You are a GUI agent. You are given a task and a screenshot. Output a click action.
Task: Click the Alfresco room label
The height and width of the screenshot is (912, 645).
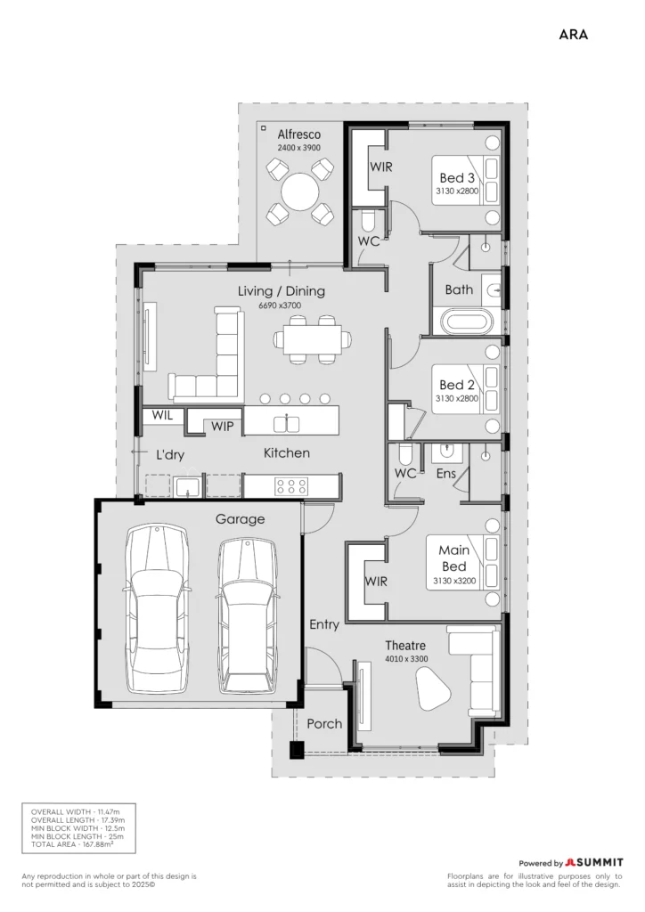tap(299, 134)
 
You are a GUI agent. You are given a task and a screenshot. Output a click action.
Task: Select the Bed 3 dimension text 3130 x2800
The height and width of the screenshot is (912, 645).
tap(457, 191)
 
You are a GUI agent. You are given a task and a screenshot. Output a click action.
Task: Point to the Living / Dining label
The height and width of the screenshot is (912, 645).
tap(282, 291)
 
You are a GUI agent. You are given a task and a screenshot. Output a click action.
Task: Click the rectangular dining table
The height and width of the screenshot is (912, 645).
tap(313, 339)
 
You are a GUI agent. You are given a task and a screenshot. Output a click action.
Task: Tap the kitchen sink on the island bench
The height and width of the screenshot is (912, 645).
tap(286, 424)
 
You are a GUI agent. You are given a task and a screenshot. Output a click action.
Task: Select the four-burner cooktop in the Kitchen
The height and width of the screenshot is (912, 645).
tap(292, 486)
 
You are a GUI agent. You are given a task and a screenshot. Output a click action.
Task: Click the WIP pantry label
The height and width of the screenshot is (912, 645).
tap(222, 427)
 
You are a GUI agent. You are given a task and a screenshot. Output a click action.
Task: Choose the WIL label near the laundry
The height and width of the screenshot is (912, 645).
tap(162, 415)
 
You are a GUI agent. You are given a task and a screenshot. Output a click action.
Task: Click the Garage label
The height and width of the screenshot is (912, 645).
tap(241, 519)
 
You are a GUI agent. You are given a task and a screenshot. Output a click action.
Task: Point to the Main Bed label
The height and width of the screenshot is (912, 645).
tap(454, 558)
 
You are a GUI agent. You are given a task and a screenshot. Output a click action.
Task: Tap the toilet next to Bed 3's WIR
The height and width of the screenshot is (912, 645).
tap(370, 221)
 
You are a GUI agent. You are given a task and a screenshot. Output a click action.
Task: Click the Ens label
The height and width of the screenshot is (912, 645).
tap(446, 474)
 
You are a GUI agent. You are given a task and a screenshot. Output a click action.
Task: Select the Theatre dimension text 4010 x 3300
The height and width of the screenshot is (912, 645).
tap(406, 659)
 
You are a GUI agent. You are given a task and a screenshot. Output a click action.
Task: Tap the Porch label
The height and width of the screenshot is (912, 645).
tap(324, 723)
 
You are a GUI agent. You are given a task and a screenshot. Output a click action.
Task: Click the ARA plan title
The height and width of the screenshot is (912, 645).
tap(574, 35)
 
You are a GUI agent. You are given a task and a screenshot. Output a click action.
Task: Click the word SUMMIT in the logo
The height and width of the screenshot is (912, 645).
tap(600, 862)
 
